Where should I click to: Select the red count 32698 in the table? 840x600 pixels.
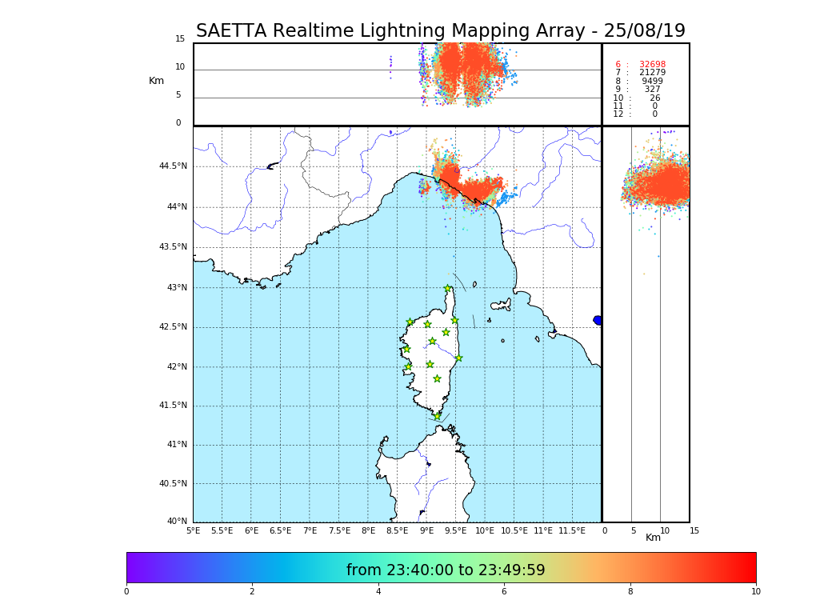coord(652,65)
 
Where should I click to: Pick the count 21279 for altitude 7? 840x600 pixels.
coord(652,73)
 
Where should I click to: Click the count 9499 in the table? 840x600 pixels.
coord(652,82)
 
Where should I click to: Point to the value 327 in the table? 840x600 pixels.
coord(653,90)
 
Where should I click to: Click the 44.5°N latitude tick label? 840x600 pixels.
coord(173,166)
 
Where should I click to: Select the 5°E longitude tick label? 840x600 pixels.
coord(194,530)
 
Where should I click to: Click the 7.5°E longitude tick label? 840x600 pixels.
coord(339,530)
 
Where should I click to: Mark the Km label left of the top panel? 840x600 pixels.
coord(156,81)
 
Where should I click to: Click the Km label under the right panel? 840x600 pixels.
coord(654,538)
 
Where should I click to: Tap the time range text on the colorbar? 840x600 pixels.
coord(446,570)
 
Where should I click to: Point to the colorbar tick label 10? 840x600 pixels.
coord(756,592)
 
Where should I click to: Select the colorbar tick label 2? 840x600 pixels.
coord(252,592)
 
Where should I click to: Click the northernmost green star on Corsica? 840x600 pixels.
coord(448,289)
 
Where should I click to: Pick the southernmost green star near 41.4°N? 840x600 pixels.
coord(437,416)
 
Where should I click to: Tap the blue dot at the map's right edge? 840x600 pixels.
coord(598,320)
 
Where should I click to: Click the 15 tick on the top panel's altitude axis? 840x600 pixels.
coord(180,39)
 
